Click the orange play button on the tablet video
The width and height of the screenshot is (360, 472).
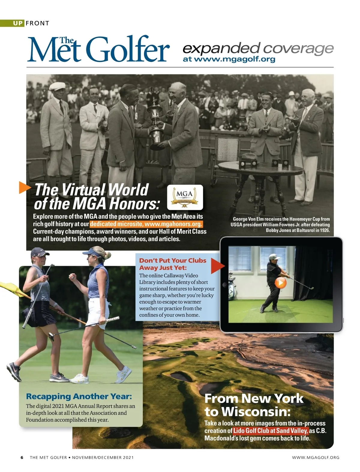coord(280,283)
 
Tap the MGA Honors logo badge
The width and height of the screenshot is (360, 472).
coord(185,197)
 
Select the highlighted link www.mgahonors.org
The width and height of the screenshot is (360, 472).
coord(146,224)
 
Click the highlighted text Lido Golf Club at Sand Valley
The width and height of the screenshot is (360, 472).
coord(271,431)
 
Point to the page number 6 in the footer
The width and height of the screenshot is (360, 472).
coord(22,457)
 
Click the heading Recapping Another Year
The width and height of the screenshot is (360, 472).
coord(79,396)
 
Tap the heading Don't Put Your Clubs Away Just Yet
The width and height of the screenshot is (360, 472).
coord(172,264)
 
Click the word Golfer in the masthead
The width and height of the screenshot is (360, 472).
coord(129,49)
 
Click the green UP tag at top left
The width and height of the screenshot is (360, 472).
coord(18,23)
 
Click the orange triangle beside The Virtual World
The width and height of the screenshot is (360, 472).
coord(25,187)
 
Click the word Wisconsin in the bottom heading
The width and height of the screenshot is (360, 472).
coord(256,412)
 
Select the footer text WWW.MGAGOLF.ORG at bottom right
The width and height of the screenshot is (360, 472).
coord(316,457)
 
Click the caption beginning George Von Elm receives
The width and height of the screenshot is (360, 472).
coord(280,224)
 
